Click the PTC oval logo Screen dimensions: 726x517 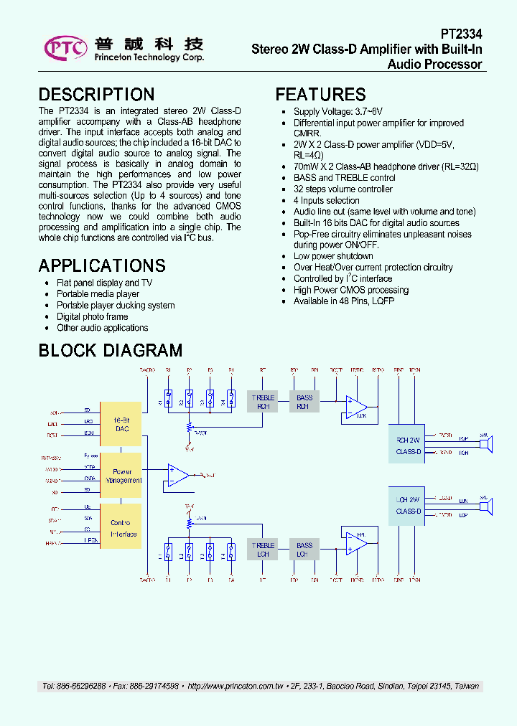pos(66,47)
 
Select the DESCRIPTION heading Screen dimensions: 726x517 pos(96,95)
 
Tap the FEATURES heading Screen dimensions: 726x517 pos(320,95)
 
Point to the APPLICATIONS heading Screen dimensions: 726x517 pos(102,265)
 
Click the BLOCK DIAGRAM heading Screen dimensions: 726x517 pos(110,351)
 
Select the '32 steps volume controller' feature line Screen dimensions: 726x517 pos(343,189)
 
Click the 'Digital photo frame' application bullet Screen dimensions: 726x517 pos(92,316)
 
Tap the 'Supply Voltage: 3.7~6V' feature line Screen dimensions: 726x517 pos(337,112)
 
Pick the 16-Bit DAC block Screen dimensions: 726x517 pos(121,423)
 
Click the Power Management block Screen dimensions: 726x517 pos(121,476)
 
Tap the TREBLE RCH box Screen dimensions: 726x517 pos(262,402)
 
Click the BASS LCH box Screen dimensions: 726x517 pos(304,550)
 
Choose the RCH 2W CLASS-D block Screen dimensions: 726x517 pos(408,445)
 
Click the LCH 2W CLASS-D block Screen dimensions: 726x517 pos(408,506)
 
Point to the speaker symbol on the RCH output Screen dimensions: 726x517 pos(485,445)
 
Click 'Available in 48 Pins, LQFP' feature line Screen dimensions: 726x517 pos(343,301)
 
